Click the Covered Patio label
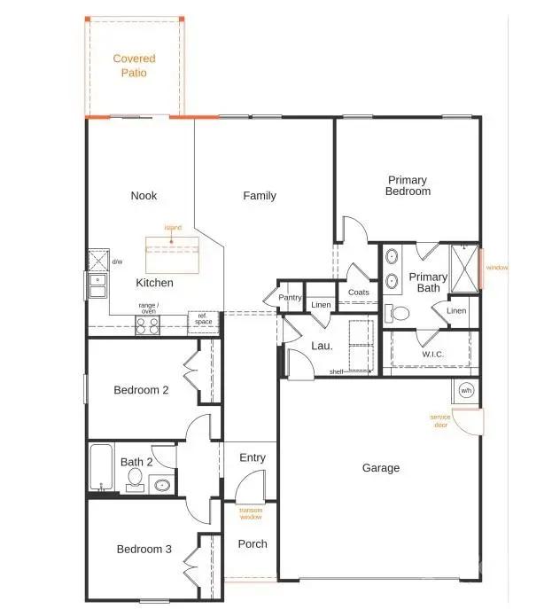coord(134,66)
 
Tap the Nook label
coord(144,196)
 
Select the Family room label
coord(260,196)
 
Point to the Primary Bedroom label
coord(408,185)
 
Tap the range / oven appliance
coord(146,325)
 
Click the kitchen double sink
coord(97,285)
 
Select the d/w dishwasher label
coord(117,262)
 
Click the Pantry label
coord(291,298)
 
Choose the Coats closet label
coord(359,292)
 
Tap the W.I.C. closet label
coord(432,355)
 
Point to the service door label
coord(439,420)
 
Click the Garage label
coord(381,468)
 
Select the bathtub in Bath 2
coord(99,467)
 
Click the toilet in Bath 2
coord(135,480)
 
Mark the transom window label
coord(251,514)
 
